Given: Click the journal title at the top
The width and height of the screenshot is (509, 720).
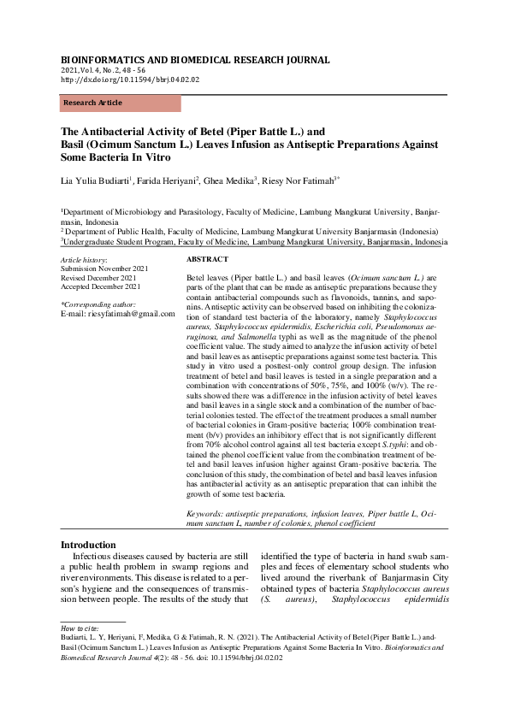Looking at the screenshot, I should click(194, 60).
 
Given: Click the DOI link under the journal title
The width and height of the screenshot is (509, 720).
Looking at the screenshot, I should click(129, 79).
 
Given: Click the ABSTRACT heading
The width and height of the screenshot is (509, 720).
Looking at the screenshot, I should click(207, 258).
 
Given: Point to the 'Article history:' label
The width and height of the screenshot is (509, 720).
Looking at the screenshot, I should click(84, 259).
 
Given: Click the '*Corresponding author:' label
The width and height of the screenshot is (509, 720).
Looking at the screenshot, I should click(98, 304).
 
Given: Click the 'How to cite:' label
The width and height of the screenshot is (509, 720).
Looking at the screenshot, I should click(79, 652).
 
